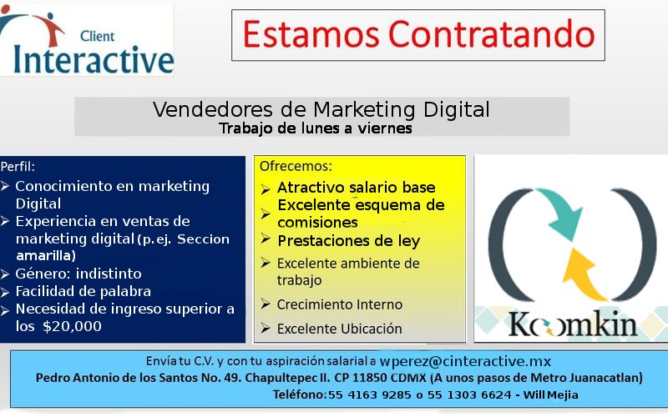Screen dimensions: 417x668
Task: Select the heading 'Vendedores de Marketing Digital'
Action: pos(321,109)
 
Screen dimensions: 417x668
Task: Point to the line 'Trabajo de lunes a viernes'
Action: pos(315,128)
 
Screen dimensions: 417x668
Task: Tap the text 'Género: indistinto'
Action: pos(78,274)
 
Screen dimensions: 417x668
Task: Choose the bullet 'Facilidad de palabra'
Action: pos(83,292)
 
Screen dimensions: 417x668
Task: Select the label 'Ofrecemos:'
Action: pos(296,166)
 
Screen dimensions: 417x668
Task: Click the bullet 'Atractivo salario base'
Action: pos(357,188)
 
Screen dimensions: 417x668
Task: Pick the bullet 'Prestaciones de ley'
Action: pos(348,241)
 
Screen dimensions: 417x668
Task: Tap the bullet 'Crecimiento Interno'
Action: pos(340,304)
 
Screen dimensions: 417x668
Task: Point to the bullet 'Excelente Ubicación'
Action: pos(340,329)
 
